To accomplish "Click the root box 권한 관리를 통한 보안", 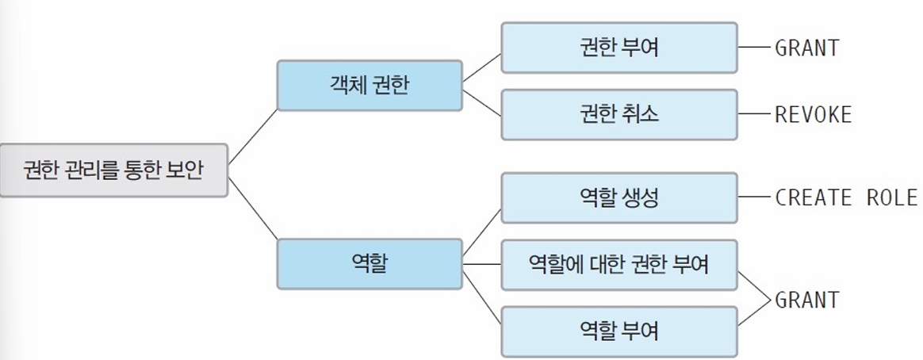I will (114, 170).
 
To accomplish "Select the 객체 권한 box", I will (370, 84).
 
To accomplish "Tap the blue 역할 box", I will (370, 263).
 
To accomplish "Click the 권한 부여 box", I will (619, 48).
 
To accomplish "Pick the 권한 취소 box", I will (619, 114).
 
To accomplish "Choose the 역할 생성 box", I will (619, 197).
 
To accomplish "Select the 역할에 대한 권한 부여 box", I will (619, 264).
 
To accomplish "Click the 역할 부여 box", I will (619, 331).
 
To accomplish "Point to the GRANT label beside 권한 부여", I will (806, 48).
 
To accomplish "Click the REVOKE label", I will (813, 114).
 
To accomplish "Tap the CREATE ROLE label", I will (845, 197).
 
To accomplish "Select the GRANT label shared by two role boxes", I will (806, 300).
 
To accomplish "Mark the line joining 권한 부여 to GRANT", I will (755, 48).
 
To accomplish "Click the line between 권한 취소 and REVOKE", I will (755, 114).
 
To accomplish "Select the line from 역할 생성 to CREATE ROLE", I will (755, 197).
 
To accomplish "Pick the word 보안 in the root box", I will (187, 170).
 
